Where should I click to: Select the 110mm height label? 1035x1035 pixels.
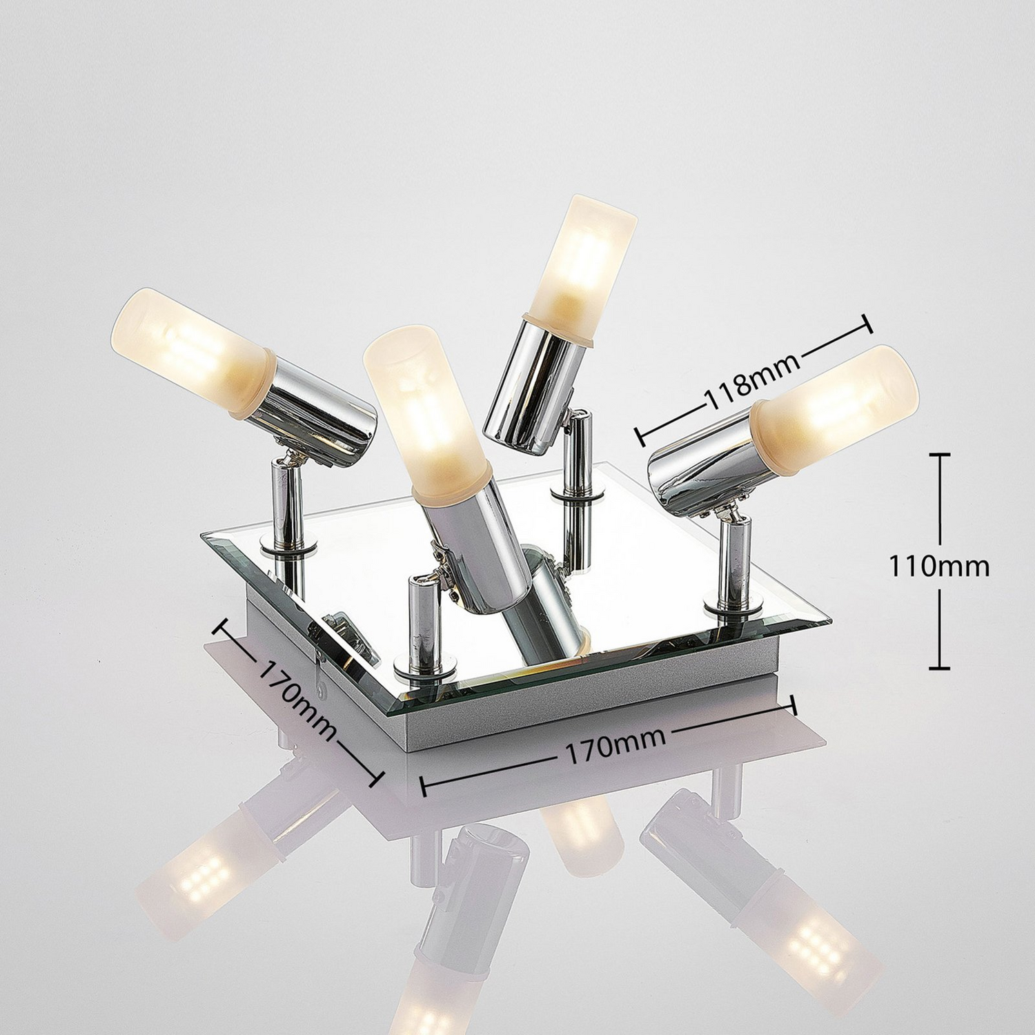(938, 566)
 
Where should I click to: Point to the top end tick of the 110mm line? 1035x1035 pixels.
(939, 455)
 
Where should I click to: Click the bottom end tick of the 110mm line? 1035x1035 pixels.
(939, 667)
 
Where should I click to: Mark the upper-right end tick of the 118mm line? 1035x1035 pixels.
(867, 324)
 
